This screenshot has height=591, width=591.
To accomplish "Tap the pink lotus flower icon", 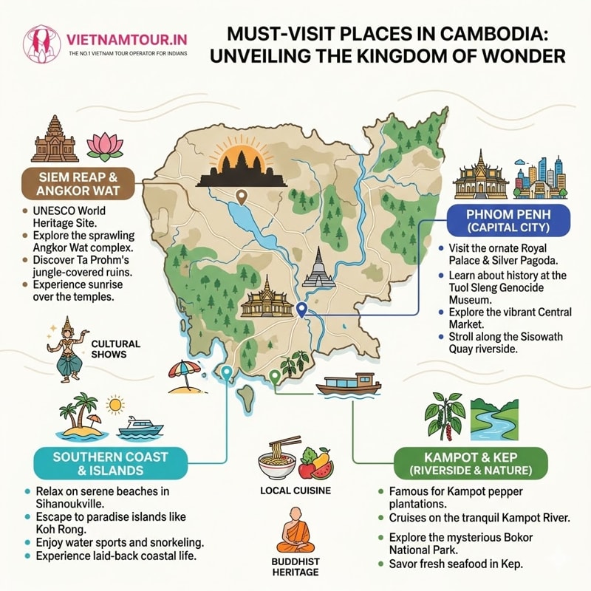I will tap(103, 146).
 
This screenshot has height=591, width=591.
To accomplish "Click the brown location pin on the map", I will tap(241, 197).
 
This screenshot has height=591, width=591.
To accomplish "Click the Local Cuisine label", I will tap(295, 491).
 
